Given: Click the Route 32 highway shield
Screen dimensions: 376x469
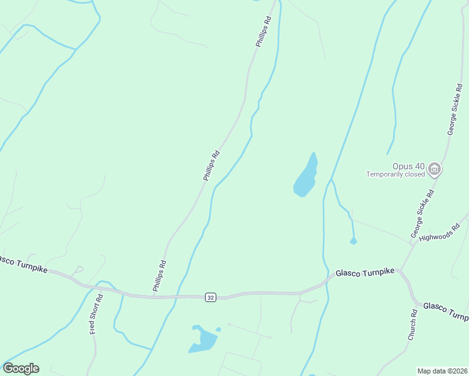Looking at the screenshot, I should [210, 297].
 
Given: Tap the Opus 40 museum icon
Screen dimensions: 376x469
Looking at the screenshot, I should [434, 169].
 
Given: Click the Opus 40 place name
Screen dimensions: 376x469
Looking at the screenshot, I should [409, 167].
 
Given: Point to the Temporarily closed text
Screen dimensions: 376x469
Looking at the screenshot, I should [396, 175].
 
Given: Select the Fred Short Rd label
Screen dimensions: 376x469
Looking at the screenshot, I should [95, 317].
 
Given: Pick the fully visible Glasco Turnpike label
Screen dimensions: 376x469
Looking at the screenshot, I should [365, 273].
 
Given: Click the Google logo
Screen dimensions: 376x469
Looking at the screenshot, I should [21, 368].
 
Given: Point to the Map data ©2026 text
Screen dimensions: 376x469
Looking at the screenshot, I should [442, 371].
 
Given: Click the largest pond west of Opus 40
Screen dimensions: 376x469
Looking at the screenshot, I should [305, 177].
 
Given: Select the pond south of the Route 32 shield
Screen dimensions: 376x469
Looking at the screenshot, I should [204, 339].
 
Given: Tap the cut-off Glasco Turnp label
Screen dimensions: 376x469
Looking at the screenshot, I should [445, 310].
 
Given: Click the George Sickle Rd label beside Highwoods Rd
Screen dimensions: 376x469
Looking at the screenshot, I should [422, 214].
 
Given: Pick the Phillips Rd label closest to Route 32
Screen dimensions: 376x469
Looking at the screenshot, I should [159, 276].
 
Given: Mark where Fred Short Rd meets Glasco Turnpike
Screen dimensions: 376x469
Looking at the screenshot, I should [100, 290].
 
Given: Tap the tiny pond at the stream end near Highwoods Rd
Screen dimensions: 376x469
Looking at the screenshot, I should [354, 241].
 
